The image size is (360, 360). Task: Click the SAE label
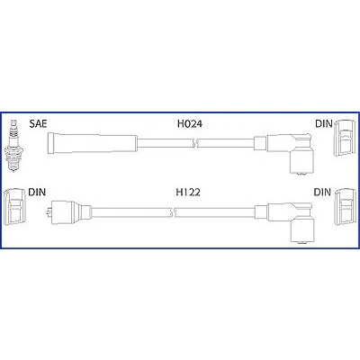coord(38,123)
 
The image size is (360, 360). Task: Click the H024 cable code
coord(190,123)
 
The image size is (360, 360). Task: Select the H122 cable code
coord(188,192)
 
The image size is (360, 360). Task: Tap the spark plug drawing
coord(13,146)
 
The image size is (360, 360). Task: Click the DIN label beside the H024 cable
coord(324,123)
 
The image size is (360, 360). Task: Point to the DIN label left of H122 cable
coord(37,192)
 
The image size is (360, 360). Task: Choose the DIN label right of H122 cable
coord(322,192)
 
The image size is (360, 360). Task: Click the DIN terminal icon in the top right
coord(345,138)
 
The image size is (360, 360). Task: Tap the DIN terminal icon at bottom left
coord(13,206)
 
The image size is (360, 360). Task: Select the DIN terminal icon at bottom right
coord(345,207)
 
